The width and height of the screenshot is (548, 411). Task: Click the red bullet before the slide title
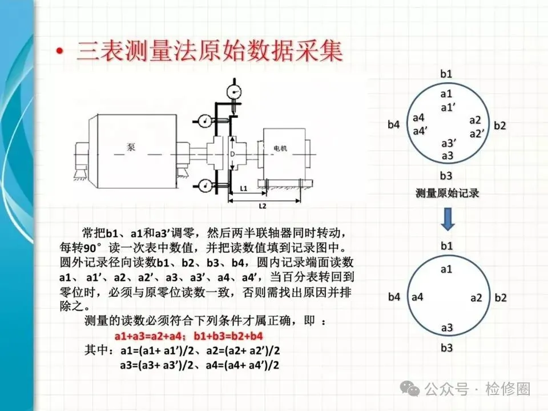tap(60, 51)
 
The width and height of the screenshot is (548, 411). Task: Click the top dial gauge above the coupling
tap(234, 92)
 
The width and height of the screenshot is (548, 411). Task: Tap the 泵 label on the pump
tap(131, 147)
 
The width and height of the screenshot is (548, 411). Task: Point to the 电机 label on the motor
tap(280, 148)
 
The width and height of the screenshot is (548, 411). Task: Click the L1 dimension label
tap(244, 188)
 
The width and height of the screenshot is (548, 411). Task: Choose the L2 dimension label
tap(262, 206)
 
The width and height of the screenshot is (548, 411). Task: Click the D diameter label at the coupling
tap(232, 154)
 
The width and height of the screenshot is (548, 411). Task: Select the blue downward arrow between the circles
tap(448, 219)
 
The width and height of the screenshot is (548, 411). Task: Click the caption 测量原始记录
tap(447, 193)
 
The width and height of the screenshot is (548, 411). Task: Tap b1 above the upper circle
tap(446, 74)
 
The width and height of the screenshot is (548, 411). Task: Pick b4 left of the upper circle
tap(393, 124)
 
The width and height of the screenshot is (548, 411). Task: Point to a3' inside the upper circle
tap(449, 143)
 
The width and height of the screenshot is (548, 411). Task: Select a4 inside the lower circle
tap(417, 297)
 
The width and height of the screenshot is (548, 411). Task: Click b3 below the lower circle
tap(446, 348)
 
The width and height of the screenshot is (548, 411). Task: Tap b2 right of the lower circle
tap(501, 297)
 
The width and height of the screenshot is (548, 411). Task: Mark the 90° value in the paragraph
tap(92, 247)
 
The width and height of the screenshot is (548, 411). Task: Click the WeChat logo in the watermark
tap(410, 388)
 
